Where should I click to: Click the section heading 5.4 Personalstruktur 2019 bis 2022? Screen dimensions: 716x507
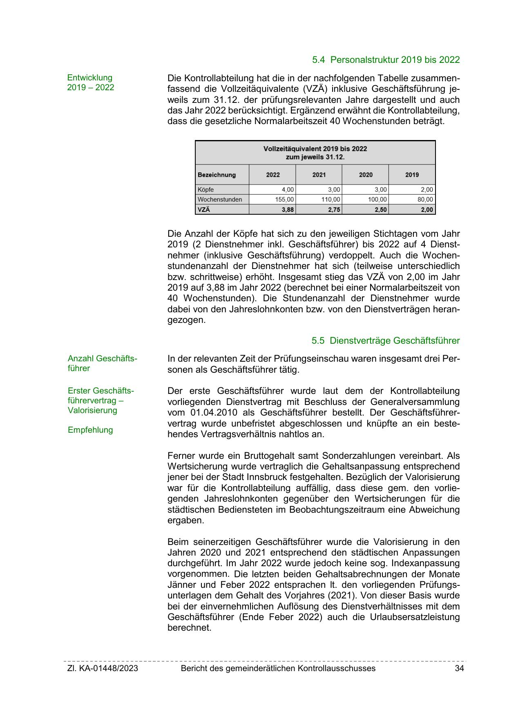386,60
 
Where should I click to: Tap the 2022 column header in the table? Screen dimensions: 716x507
273,175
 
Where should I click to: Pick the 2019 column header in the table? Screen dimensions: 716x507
412,175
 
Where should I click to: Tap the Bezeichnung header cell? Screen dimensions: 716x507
217,175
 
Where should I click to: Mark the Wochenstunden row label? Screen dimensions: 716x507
220,200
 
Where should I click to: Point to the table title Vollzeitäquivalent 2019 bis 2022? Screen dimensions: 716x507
315,149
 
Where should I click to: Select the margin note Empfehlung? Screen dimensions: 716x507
90,430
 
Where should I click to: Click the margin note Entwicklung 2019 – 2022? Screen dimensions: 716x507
90,82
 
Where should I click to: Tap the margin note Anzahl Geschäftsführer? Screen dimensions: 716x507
102,363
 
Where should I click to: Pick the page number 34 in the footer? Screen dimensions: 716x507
459,668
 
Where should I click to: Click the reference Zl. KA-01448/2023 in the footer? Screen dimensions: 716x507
103,668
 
